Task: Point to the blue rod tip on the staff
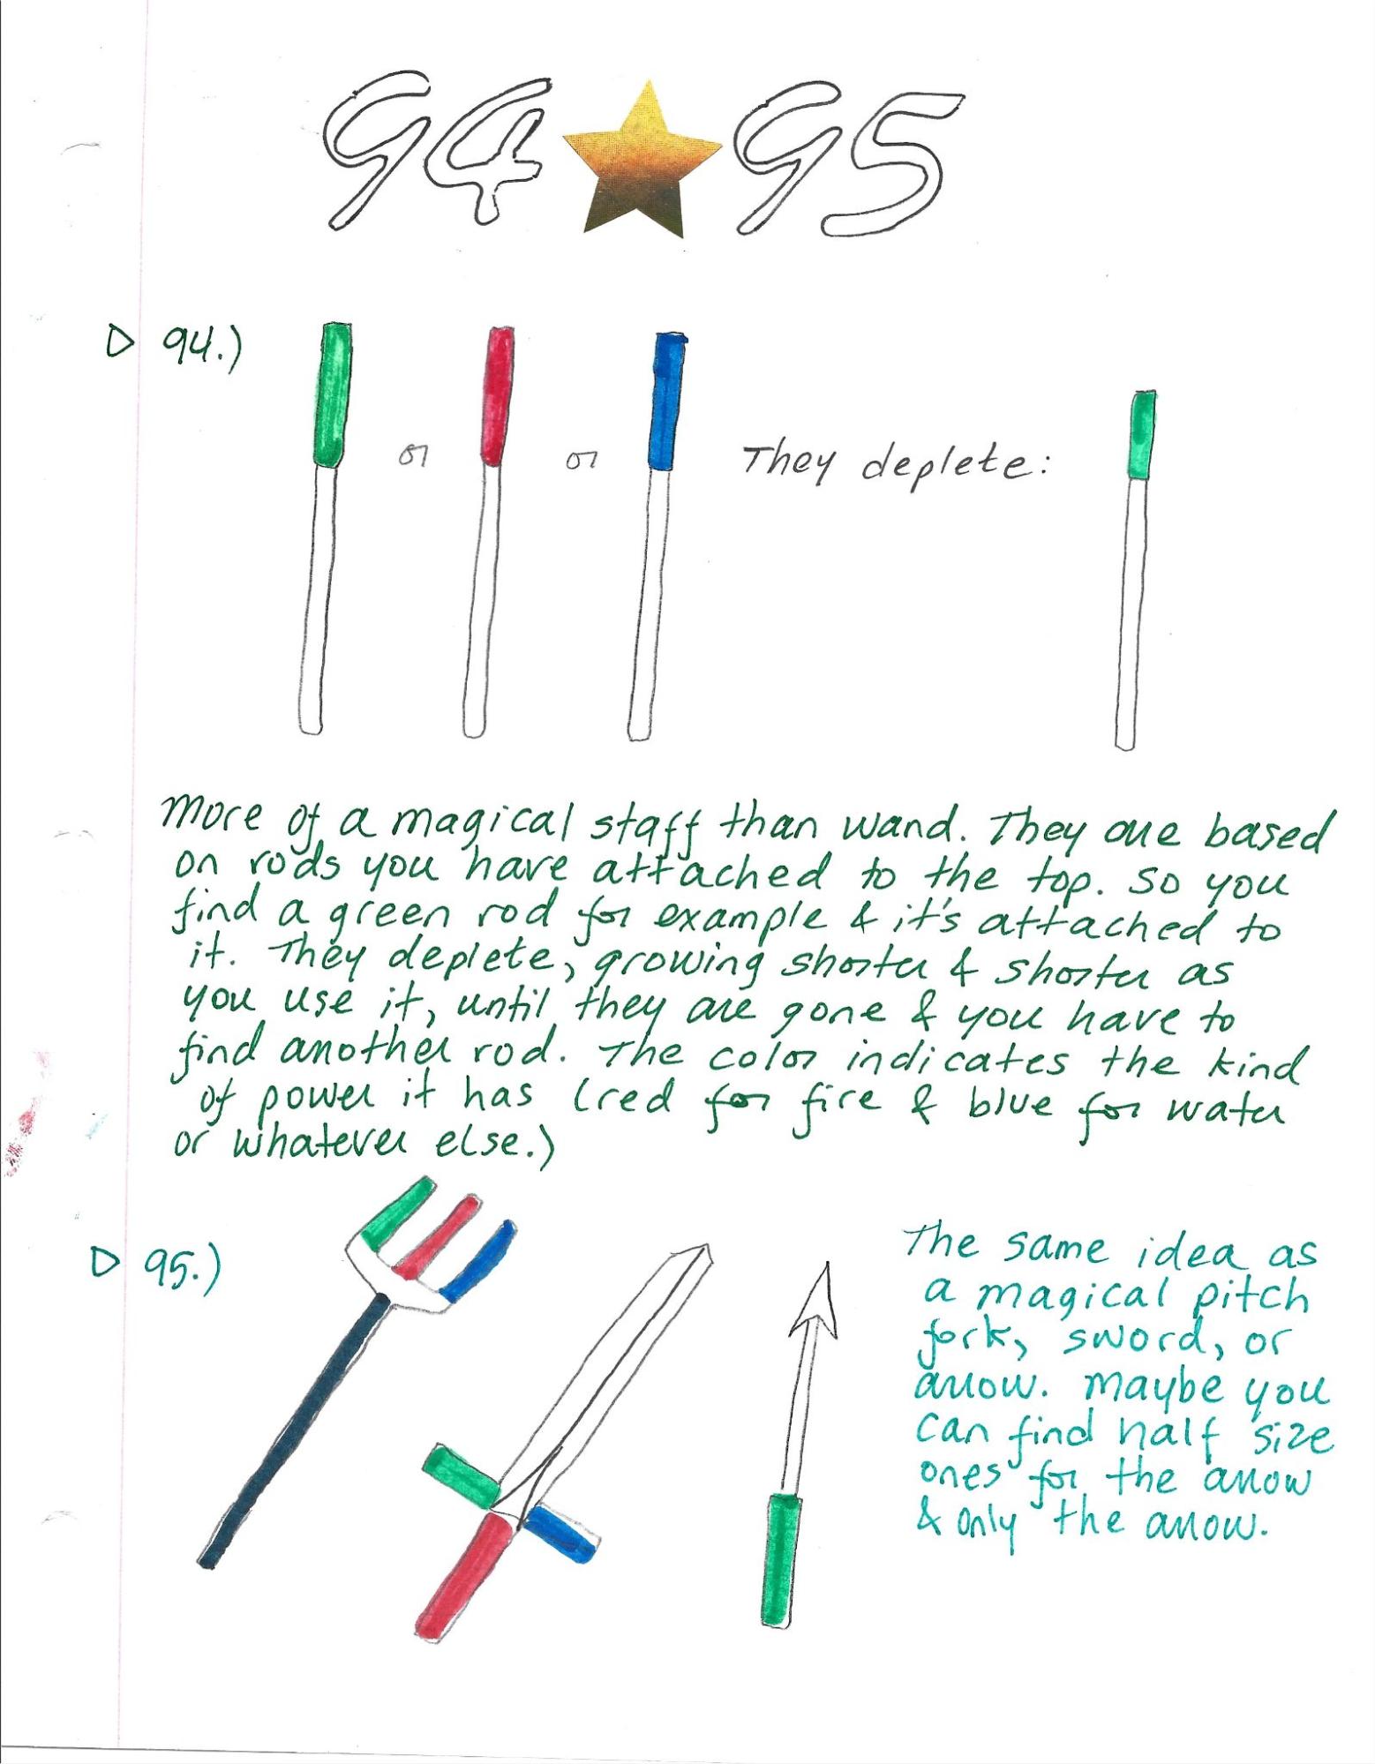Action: tap(666, 402)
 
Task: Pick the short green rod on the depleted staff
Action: tap(1143, 435)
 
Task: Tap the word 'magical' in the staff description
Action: tap(476, 832)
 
